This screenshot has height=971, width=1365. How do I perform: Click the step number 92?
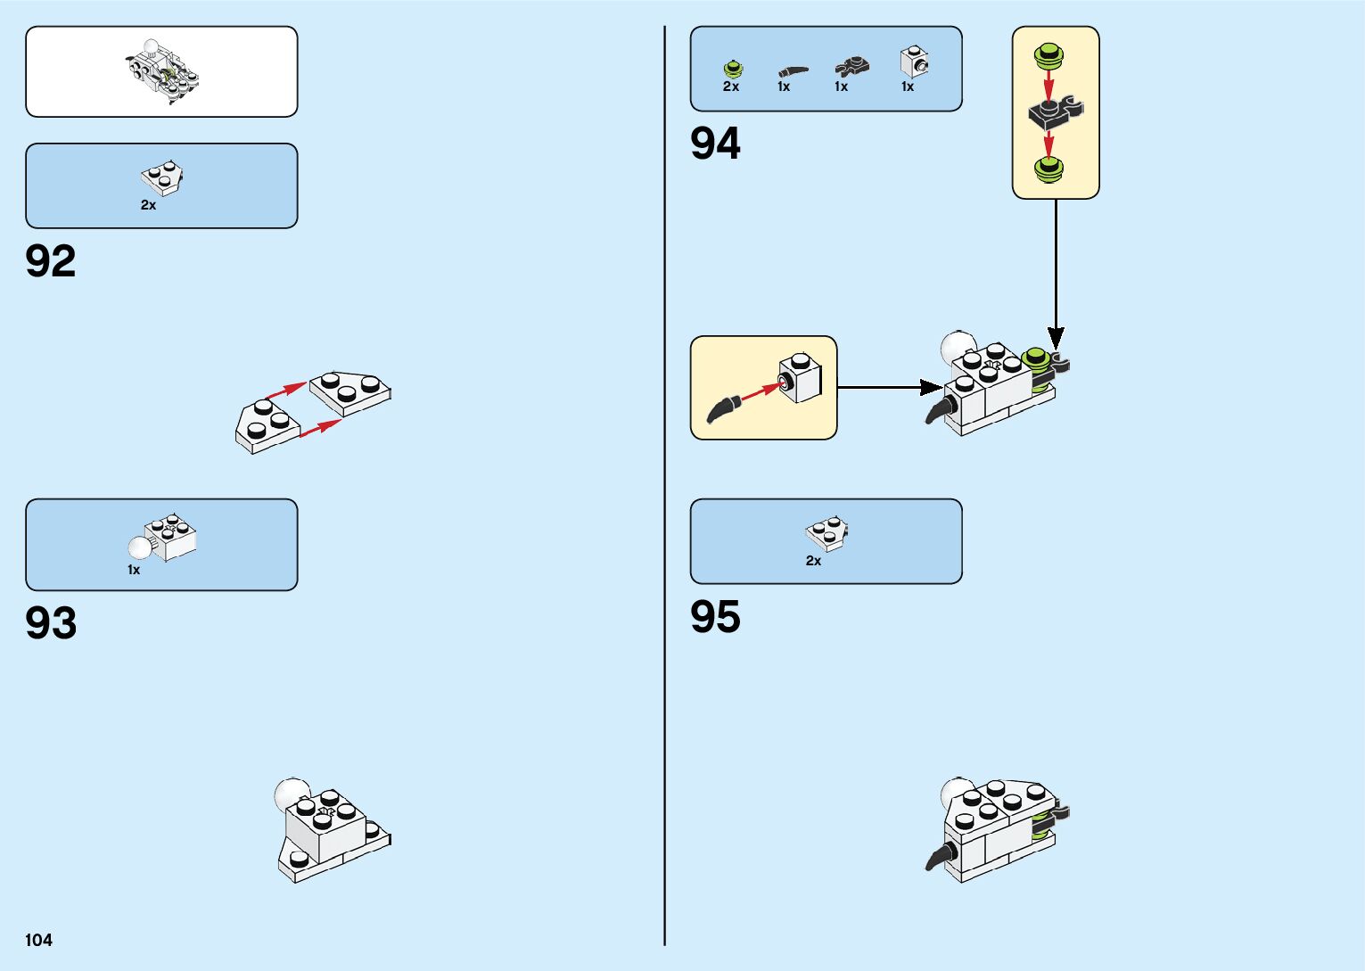51,261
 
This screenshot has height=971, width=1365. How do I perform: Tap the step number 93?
51,623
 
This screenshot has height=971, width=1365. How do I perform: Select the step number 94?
715,144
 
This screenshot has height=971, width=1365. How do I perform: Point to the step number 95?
715,617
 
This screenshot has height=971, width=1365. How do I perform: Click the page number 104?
39,940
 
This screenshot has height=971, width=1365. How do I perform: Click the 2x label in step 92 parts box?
148,205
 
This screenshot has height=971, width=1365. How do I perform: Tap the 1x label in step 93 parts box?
134,570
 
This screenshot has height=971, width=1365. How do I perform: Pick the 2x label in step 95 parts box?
813,561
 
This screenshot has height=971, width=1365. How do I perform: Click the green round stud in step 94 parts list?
732,68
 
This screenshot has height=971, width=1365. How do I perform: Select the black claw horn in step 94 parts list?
792,70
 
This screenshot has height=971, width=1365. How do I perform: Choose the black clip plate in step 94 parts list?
851,66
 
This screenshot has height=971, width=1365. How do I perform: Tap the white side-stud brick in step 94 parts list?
914,62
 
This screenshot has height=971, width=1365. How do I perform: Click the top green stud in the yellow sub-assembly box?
1048,57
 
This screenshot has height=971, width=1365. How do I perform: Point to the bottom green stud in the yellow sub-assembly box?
1049,168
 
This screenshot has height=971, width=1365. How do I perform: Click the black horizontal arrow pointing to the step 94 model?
889,387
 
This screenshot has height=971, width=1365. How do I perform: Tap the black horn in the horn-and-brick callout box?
723,408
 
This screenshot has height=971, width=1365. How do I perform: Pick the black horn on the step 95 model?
939,858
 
